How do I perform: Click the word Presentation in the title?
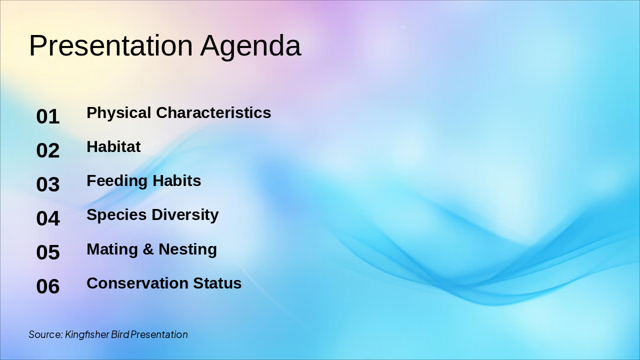pos(111,45)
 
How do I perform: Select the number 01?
pos(48,116)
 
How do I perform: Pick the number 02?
pos(48,150)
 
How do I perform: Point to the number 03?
pos(48,184)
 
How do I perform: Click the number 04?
pos(48,218)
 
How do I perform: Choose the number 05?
pos(48,252)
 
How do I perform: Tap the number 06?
pos(48,286)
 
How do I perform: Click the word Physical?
pos(119,113)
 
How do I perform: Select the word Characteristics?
pos(213,112)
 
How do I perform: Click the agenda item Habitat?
pos(113,146)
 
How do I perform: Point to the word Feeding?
pos(117,181)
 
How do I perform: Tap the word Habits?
pos(177,181)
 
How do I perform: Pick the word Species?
pos(116,215)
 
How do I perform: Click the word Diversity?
pos(185,215)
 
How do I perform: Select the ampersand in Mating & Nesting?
pos(148,249)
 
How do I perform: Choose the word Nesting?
pos(187,249)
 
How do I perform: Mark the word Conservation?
pos(137,283)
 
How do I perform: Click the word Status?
pos(217,283)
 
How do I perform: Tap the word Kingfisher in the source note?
pos(87,334)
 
